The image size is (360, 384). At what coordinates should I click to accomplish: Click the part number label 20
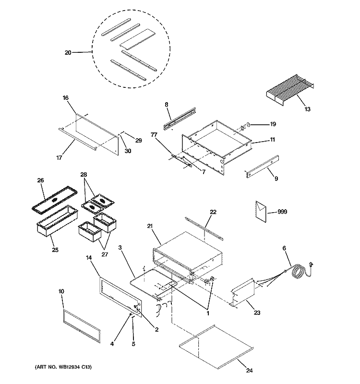[68, 52]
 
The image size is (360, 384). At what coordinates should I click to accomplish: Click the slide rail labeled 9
[264, 166]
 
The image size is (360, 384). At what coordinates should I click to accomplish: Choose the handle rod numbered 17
[77, 139]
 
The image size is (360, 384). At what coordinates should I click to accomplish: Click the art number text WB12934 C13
[62, 368]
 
